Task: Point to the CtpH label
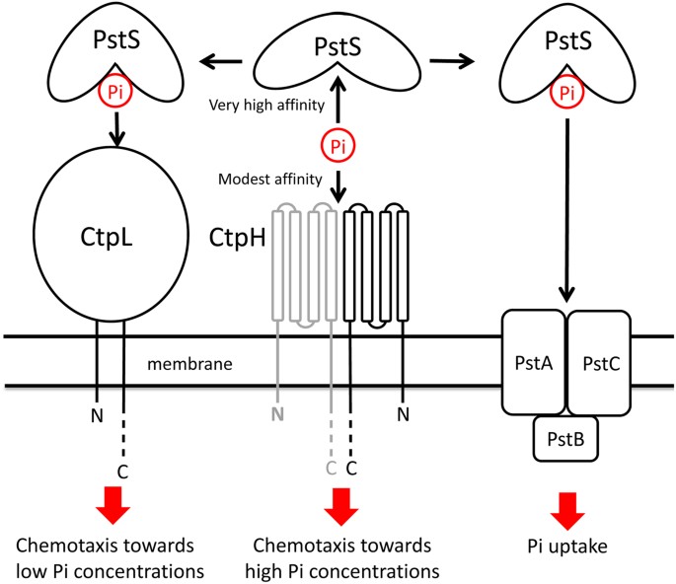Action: (x=235, y=239)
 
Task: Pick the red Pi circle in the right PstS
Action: (x=564, y=94)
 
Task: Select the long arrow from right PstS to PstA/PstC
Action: (x=564, y=207)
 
